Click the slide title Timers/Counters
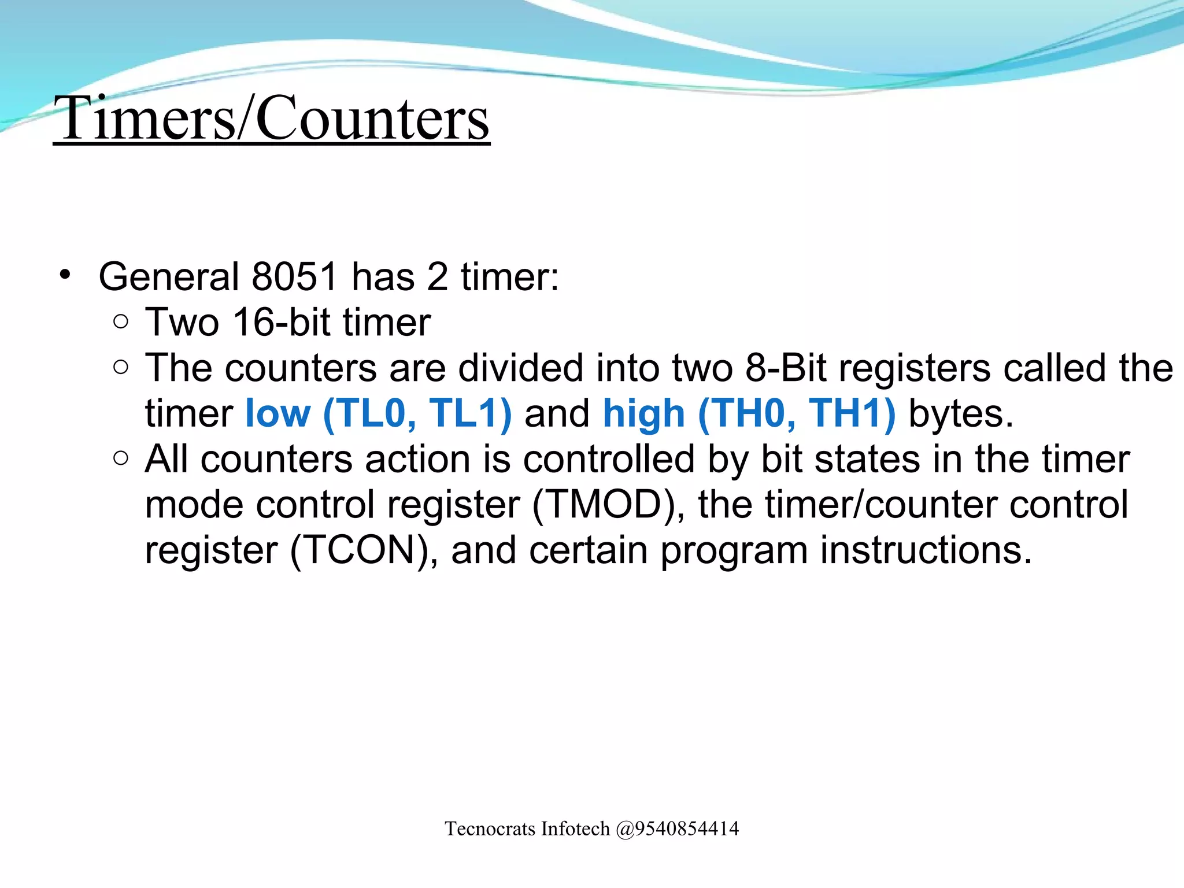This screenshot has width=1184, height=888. click(x=272, y=118)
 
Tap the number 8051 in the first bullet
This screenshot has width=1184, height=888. click(x=294, y=277)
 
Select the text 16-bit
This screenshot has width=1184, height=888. click(x=281, y=322)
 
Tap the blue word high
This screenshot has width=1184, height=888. click(x=644, y=414)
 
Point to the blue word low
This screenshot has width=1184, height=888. click(x=278, y=414)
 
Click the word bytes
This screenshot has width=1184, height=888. click(x=960, y=414)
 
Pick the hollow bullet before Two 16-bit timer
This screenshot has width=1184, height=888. click(x=121, y=322)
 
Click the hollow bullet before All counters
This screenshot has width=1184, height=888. click(x=121, y=459)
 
